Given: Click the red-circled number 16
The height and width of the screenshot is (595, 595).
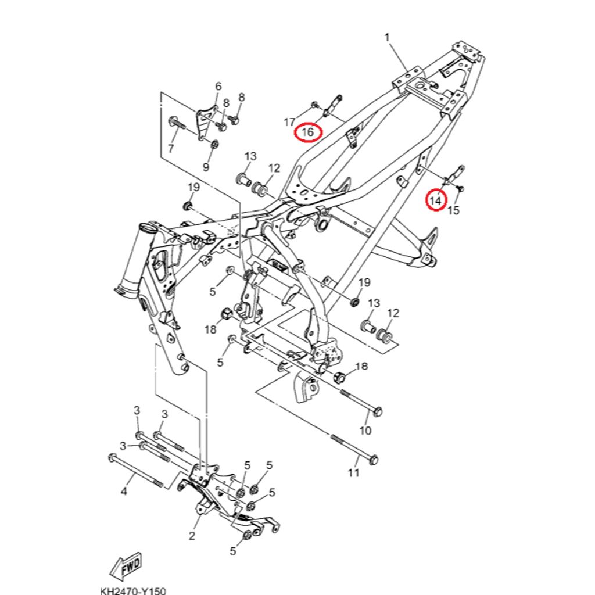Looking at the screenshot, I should click(x=307, y=132).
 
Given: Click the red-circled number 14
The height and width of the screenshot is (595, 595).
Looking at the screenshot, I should click(x=436, y=200).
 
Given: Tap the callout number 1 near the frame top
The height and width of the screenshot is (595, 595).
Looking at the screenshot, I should click(x=388, y=38).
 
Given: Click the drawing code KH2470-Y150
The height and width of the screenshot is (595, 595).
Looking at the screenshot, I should click(x=133, y=589).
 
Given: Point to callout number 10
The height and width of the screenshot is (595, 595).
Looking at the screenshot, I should click(x=365, y=431).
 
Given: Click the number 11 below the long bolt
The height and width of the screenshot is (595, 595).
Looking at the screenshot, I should click(x=354, y=474).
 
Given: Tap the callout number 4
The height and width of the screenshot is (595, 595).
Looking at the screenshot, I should click(x=123, y=493).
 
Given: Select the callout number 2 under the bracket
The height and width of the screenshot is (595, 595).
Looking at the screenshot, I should click(x=192, y=535).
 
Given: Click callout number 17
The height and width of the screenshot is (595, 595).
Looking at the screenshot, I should click(x=289, y=122).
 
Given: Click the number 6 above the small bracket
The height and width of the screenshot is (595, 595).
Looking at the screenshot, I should click(x=218, y=87).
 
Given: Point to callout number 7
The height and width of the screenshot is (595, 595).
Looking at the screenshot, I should click(x=171, y=149).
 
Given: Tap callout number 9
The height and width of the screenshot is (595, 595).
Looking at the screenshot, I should click(x=206, y=167).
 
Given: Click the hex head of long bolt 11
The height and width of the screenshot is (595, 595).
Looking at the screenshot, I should click(x=374, y=458).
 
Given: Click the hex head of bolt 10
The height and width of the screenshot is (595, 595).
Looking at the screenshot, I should click(x=377, y=411).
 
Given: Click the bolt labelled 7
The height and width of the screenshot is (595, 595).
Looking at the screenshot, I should click(x=175, y=123).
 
